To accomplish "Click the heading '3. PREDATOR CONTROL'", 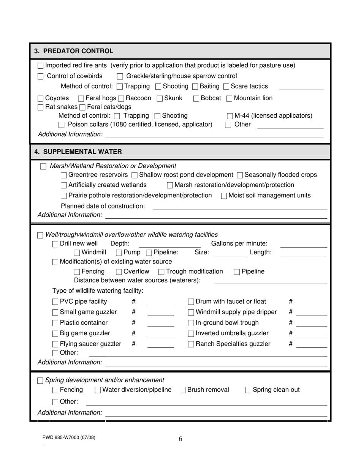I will [74, 51].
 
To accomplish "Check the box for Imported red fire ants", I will [41, 66].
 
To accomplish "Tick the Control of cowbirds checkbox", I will [41, 76].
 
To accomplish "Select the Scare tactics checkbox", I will [226, 87].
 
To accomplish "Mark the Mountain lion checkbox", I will [230, 99].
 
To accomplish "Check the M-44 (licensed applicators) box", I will [230, 116].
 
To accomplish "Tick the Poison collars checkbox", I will [62, 125].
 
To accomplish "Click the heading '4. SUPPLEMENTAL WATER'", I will [78, 151].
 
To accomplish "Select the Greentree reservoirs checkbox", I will [64, 175].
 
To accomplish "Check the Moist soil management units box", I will [224, 196].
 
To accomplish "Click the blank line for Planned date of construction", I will [239, 207].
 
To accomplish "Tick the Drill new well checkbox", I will [55, 244].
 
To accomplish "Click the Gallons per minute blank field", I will [303, 244].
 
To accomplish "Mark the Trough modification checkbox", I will [161, 272].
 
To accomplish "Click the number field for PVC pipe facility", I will [160, 302].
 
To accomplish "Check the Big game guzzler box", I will [55, 334].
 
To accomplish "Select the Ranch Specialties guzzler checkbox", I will [191, 344].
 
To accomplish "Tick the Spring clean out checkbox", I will [248, 390].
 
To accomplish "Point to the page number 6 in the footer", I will [180, 439].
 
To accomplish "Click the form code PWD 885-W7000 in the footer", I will [69, 437].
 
